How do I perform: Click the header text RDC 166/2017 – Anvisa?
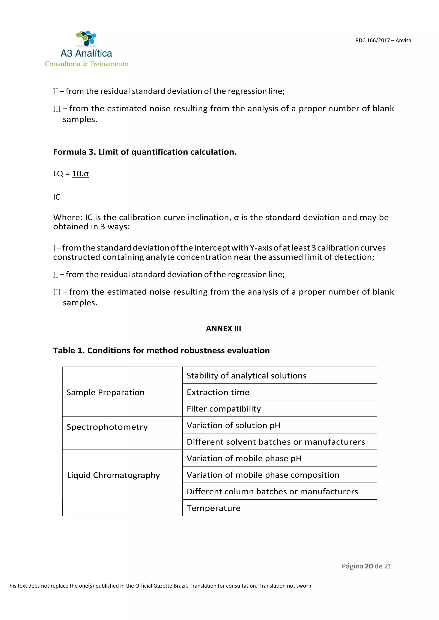pos(383,40)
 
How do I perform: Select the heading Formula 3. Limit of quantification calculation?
pos(145,152)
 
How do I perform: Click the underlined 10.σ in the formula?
pos(80,174)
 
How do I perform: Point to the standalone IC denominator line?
pos(57,197)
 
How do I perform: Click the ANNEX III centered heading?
pos(223,329)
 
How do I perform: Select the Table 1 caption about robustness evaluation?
pos(161,350)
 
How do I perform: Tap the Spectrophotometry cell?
pos(107,427)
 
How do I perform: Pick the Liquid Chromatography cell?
pos(114,475)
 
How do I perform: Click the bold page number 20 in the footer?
pos(369,566)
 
